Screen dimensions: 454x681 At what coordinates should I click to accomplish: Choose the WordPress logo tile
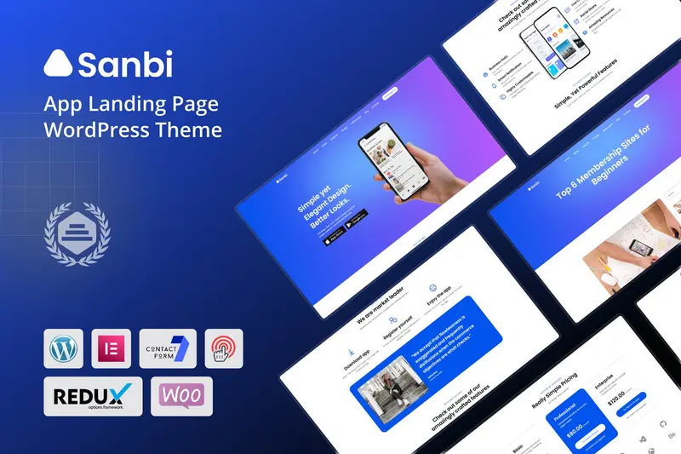(63, 348)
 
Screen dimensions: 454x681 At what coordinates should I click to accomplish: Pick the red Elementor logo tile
(112, 348)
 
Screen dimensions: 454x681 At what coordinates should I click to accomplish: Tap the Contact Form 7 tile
(168, 348)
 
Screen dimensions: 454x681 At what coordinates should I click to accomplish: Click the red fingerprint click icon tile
(224, 348)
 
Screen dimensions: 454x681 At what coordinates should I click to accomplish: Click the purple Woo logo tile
(181, 396)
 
